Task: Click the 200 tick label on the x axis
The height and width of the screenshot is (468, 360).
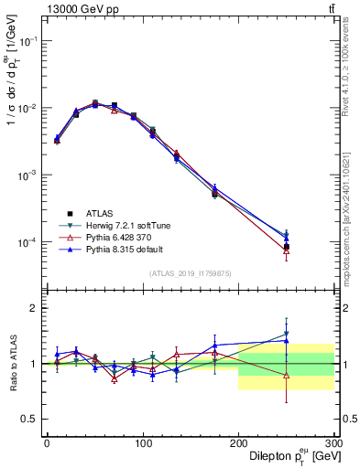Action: [x=238, y=443]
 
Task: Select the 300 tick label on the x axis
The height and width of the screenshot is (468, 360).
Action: [x=333, y=443]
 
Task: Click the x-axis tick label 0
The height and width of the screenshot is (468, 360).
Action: [x=47, y=443]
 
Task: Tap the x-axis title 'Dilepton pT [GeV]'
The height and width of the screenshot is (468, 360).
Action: [x=287, y=457]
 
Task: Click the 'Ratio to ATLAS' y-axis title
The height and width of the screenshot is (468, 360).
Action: [x=12, y=361]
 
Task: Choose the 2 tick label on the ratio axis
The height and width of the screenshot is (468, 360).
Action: [x=34, y=308]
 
